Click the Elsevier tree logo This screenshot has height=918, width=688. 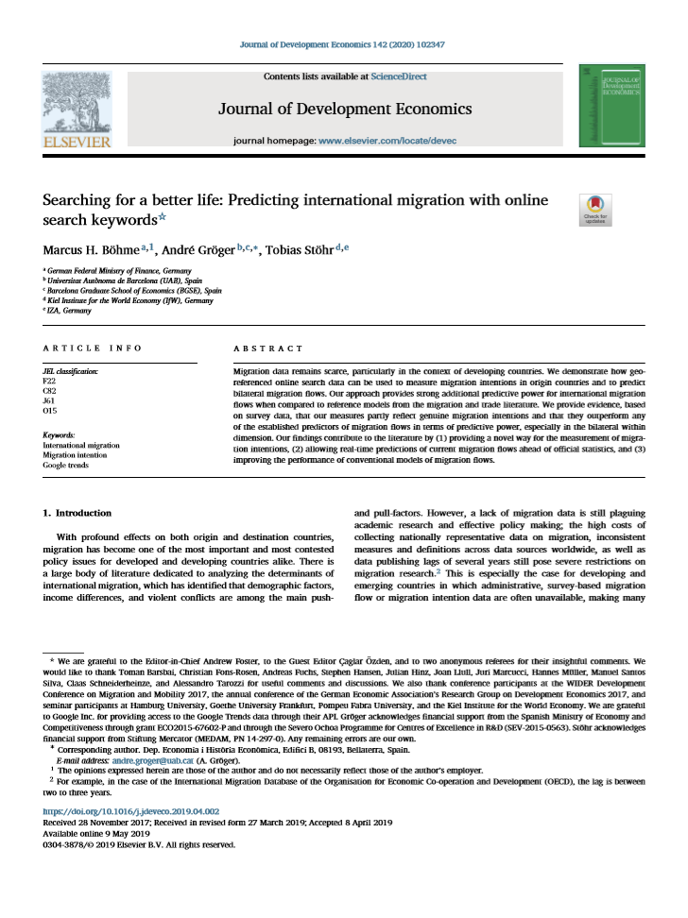[76, 104]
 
